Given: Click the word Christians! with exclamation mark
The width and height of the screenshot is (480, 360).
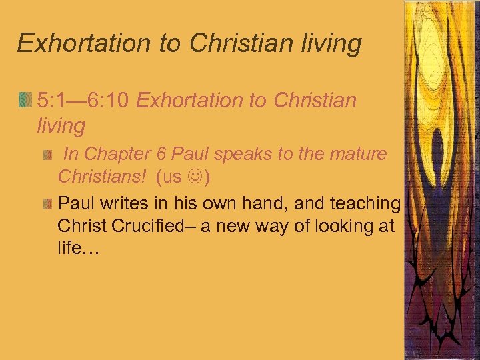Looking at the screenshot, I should click(101, 178).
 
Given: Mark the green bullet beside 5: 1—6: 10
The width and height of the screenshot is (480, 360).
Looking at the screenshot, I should click(25, 101).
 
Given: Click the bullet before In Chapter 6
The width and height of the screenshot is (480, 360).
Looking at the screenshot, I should click(47, 155).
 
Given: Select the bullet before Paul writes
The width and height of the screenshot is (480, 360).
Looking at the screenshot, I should click(47, 203).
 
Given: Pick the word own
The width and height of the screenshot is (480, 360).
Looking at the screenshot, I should click(208, 203).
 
